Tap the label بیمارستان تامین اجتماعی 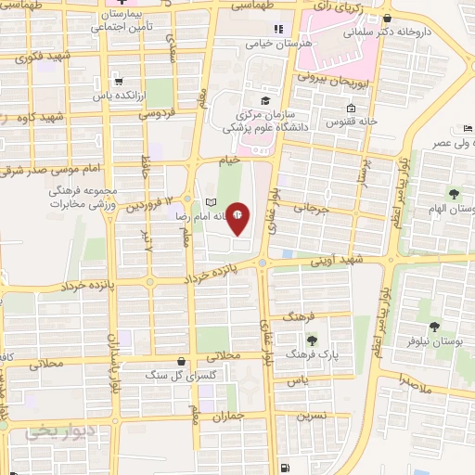pyautogui.click(x=124, y=22)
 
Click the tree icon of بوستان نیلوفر pyautogui.click(x=433, y=326)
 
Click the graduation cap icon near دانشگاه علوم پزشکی pyautogui.click(x=265, y=100)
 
